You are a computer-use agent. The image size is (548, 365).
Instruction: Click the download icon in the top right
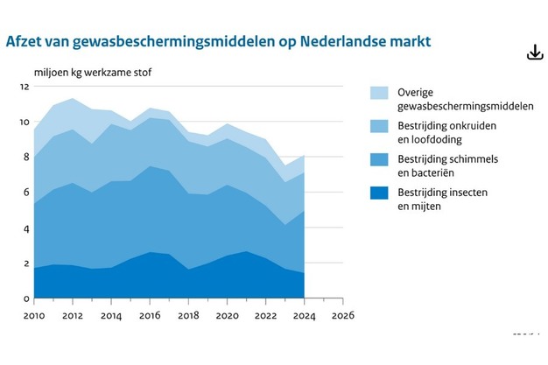coord(535,53)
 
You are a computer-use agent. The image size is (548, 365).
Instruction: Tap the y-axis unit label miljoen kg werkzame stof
coord(92,71)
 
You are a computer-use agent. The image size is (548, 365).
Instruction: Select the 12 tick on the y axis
coord(25,87)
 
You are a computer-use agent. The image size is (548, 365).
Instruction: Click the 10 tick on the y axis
coord(25,122)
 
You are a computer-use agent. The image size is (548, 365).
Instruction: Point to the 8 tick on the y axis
coord(25,158)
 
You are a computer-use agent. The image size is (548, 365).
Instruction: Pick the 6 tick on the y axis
coord(25,193)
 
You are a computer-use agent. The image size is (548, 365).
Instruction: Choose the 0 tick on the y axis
coord(25,298)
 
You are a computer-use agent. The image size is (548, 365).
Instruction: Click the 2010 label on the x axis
coord(33,314)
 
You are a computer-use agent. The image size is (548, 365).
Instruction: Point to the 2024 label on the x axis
coord(304,314)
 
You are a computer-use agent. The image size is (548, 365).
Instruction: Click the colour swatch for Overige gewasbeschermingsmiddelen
coord(379,93)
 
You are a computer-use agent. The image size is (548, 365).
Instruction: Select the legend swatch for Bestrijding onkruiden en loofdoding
coord(379,127)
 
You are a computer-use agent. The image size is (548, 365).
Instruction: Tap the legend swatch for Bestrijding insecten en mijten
coord(379,193)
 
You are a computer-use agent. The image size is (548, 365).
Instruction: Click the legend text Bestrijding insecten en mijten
coord(442,200)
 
